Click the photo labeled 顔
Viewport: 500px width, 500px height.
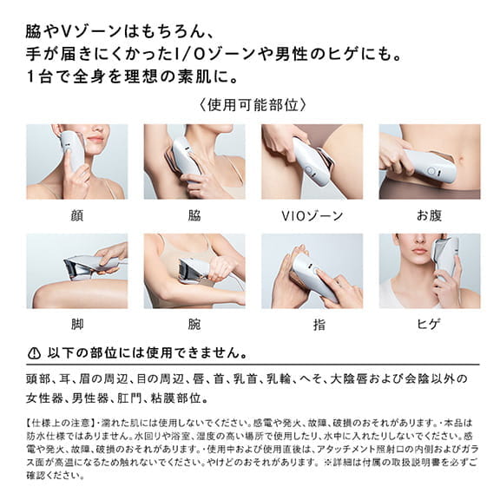point(76,161)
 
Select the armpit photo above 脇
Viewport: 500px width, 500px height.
point(194,161)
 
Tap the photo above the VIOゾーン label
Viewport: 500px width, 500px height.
point(312,161)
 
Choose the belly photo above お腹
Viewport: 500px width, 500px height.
point(429,161)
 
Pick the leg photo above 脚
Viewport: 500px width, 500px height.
point(76,270)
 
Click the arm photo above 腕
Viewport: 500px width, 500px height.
point(194,270)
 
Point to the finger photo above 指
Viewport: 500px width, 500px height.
point(312,270)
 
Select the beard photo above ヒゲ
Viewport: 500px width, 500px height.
point(429,270)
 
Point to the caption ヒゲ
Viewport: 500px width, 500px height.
point(429,326)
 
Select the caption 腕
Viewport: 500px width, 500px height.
point(194,326)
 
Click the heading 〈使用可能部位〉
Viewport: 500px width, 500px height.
point(250,105)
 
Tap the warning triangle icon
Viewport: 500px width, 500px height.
point(35,354)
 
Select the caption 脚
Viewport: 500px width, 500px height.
point(76,326)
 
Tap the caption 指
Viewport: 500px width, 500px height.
point(312,326)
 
